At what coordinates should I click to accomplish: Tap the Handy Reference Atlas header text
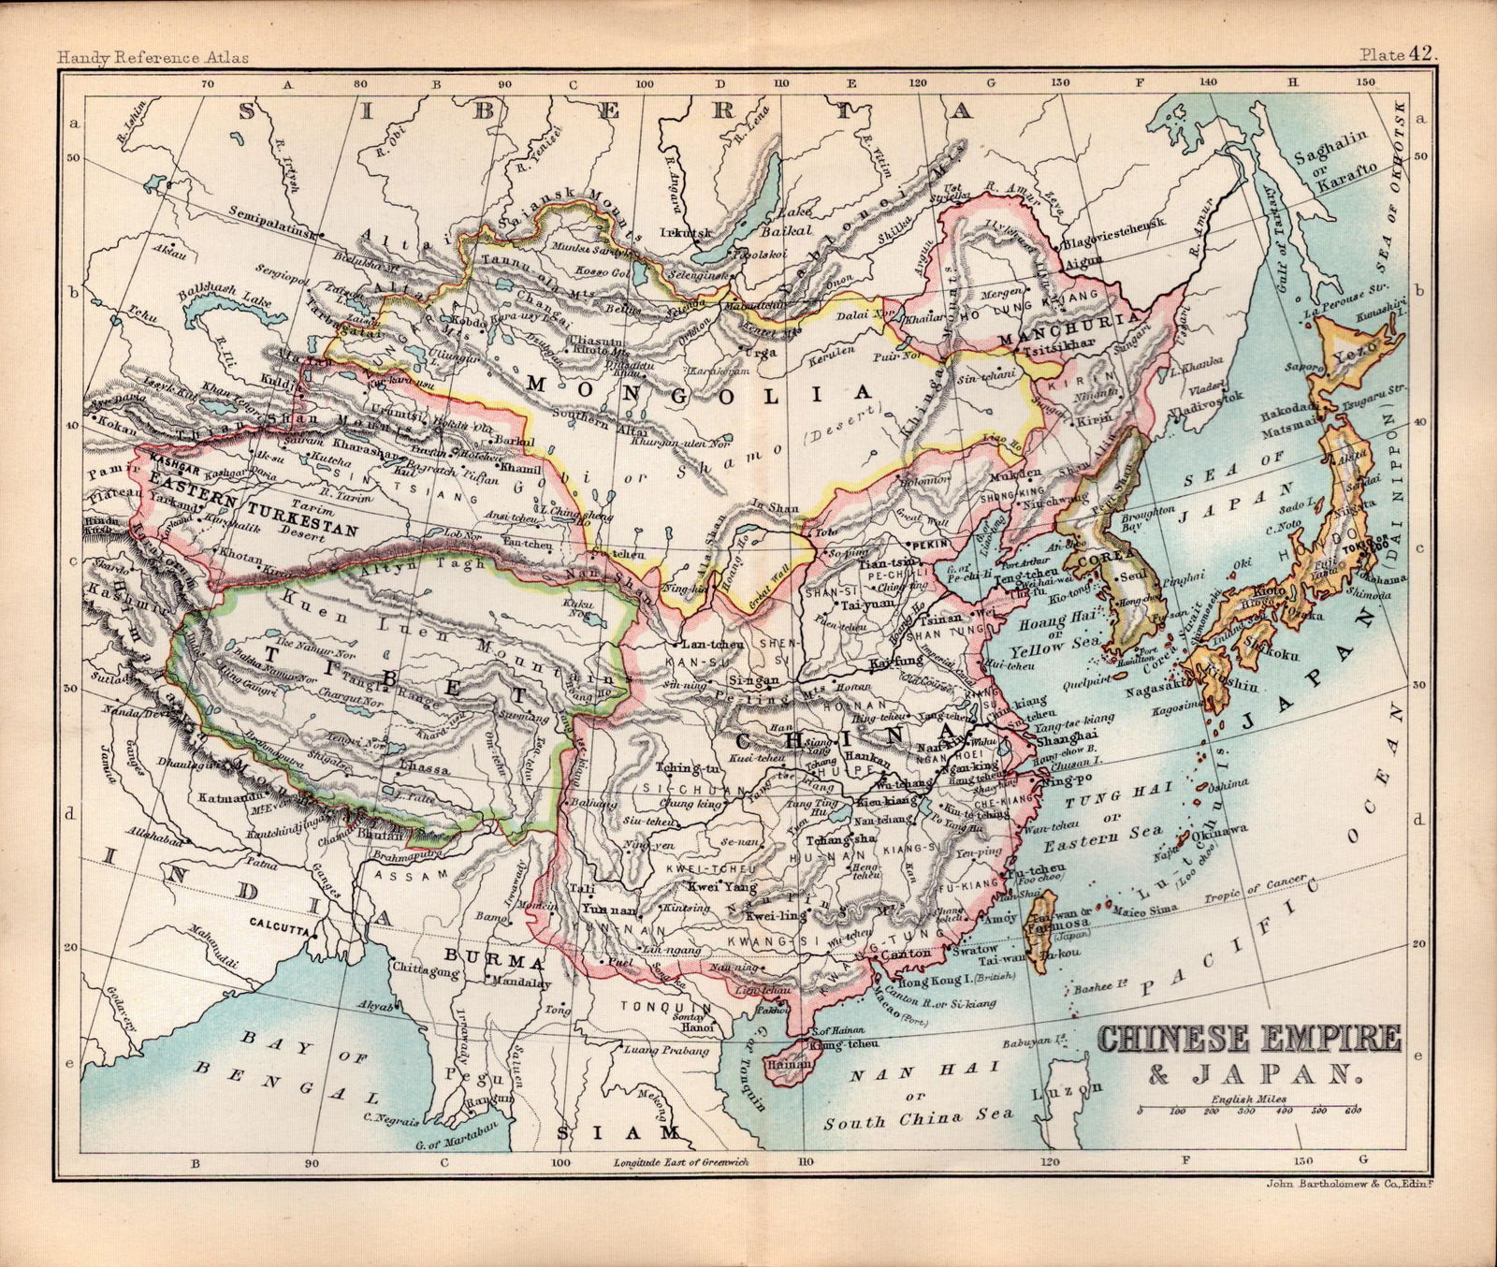(x=153, y=57)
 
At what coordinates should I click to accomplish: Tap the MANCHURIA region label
(x=1073, y=328)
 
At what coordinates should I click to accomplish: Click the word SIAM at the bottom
(x=616, y=1132)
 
